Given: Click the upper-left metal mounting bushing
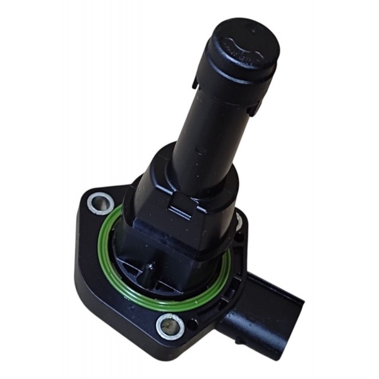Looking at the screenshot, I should point(100,203).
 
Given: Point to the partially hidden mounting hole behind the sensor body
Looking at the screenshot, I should point(239,219).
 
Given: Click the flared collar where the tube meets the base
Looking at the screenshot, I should point(189,174).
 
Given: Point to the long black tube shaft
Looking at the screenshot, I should point(208,126).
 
